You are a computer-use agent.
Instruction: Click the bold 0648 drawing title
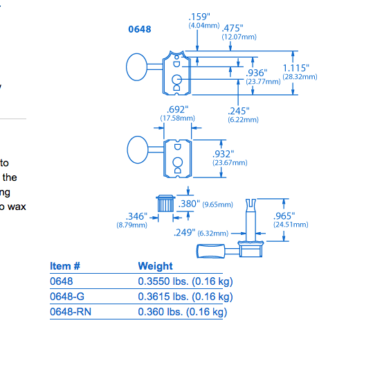coord(140,29)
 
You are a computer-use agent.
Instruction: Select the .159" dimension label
coord(199,17)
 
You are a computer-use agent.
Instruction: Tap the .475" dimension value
coord(233,28)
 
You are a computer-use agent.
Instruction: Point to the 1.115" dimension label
coord(296,68)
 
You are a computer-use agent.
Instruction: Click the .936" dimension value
coord(257,73)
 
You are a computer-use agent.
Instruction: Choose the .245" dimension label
coord(239,111)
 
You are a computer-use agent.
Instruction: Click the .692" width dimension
coord(178,109)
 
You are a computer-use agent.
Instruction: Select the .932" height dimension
coord(224,155)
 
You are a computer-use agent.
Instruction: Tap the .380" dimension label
coord(189,204)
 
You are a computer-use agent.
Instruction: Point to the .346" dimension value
coord(136,216)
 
